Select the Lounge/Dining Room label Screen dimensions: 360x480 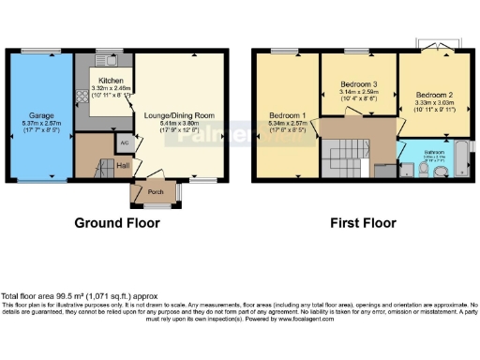click(x=177, y=115)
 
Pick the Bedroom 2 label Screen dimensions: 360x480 click(x=434, y=96)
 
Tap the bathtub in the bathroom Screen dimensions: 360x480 click(x=464, y=159)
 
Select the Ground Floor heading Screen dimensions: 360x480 click(x=117, y=223)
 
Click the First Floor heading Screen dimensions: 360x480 click(x=363, y=223)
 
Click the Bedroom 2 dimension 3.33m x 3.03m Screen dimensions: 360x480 click(x=434, y=105)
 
